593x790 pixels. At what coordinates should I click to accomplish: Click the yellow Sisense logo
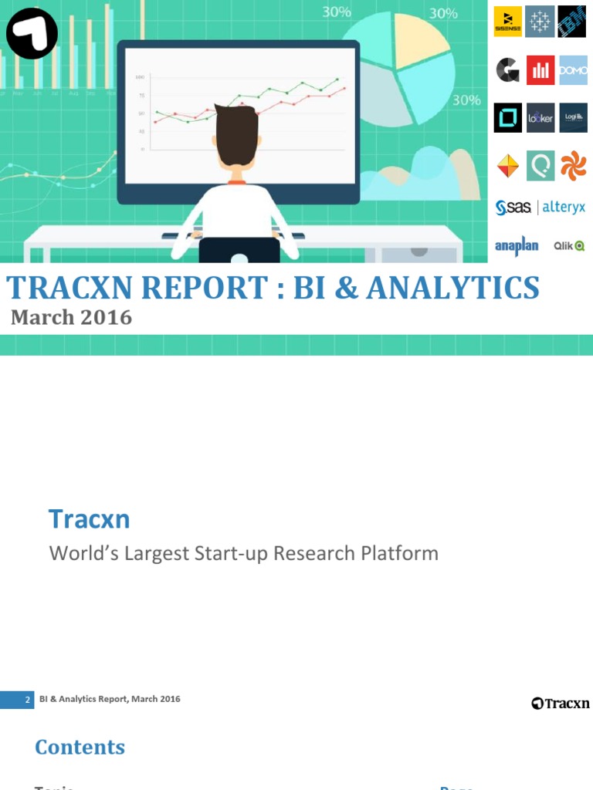point(508,22)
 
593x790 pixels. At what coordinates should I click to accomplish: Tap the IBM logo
point(573,22)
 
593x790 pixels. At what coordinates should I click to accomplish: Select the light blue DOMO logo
point(573,70)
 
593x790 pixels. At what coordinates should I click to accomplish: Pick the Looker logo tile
point(540,117)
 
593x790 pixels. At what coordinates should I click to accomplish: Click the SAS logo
point(513,207)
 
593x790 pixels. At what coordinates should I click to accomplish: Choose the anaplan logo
point(516,246)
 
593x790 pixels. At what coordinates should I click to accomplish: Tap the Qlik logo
point(569,246)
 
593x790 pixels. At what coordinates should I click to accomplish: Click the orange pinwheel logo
point(573,165)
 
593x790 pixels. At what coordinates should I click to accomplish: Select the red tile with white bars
point(540,70)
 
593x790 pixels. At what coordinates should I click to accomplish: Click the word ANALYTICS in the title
point(453,288)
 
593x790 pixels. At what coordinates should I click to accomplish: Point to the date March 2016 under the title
point(71,317)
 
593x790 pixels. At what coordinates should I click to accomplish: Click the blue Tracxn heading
point(89,519)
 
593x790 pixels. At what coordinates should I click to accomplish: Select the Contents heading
point(80,747)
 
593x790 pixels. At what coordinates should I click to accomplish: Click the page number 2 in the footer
point(28,700)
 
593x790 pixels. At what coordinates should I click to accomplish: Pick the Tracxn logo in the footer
point(560,703)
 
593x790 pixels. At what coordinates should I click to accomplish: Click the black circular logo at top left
point(32,33)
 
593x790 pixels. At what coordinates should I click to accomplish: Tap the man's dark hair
point(236,131)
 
